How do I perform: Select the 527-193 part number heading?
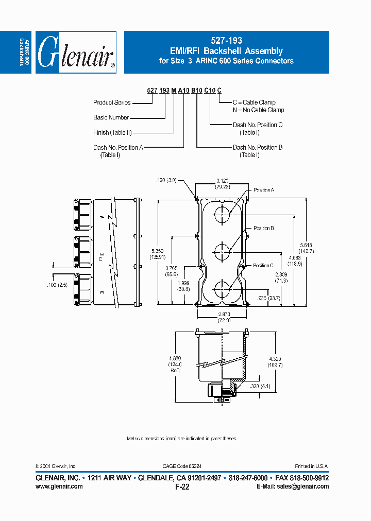coord(227,40)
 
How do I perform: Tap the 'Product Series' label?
coord(111,102)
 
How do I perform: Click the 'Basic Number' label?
coord(111,117)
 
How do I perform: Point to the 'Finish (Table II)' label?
coord(112,132)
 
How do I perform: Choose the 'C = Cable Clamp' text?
coord(254,102)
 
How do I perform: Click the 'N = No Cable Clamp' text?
coord(258,110)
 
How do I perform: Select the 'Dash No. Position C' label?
coord(257,125)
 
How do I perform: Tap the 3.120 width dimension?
coord(223,181)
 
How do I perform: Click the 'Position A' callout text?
coord(264,190)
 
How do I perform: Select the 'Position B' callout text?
coord(263,228)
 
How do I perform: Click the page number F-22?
coord(182,487)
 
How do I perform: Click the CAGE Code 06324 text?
coord(182,466)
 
